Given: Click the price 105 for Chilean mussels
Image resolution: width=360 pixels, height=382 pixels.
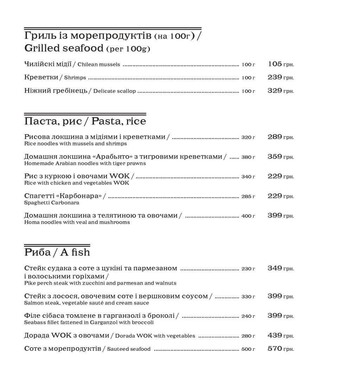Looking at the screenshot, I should tap(275, 64).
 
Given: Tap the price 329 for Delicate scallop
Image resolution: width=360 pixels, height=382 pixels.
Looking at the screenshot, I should tap(275, 91).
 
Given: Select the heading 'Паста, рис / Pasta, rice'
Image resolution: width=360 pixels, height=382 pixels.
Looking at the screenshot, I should tap(85, 121).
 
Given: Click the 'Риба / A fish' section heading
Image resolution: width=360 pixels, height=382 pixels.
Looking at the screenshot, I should tap(57, 252).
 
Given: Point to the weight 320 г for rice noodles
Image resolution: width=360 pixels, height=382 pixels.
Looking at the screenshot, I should tap(248, 137).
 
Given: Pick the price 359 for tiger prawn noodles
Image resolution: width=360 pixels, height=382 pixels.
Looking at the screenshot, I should tap(275, 157).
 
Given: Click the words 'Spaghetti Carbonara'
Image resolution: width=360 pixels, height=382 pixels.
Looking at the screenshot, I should tap(52, 203).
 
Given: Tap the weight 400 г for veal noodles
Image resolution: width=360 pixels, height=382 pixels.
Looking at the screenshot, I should tap(248, 216).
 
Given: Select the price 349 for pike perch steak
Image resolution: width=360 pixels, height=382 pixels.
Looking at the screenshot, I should tap(275, 268).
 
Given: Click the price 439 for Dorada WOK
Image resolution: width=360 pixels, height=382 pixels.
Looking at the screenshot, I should tap(275, 335).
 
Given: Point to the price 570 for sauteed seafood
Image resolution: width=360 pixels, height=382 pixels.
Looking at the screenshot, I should tap(275, 349).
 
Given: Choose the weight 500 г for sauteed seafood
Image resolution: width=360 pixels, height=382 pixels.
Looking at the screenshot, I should tap(248, 349).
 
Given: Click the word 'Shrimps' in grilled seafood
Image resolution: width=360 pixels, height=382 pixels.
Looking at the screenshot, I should tap(75, 78).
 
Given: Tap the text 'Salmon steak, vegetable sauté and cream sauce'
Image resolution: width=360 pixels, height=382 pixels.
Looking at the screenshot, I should tap(86, 303).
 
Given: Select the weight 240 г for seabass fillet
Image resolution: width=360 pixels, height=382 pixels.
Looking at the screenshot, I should tap(248, 316).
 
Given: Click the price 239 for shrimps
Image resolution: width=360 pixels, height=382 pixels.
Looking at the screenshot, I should tap(275, 77).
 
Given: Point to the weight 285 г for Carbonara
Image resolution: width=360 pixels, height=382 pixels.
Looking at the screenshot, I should tap(248, 196).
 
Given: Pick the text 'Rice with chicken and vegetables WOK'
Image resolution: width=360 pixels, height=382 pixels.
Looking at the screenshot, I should tap(77, 183).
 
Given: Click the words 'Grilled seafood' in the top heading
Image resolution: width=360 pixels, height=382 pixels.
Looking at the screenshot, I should tap(64, 48).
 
